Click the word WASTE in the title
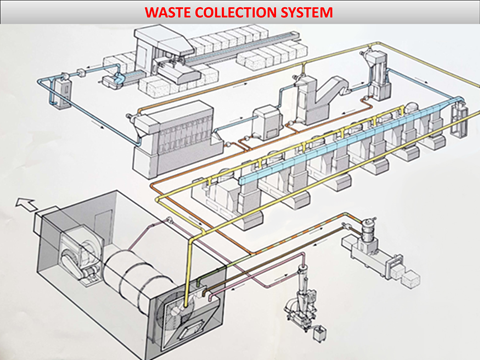tap(168, 12)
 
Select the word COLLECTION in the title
tap(236, 12)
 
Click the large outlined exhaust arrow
tap(25, 203)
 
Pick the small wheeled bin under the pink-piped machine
tap(320, 334)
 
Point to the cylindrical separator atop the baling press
tap(368, 229)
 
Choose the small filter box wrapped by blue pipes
tap(62, 92)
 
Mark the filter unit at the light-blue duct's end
tap(459, 117)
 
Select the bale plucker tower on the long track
tap(163, 53)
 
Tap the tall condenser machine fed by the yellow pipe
tap(378, 77)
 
